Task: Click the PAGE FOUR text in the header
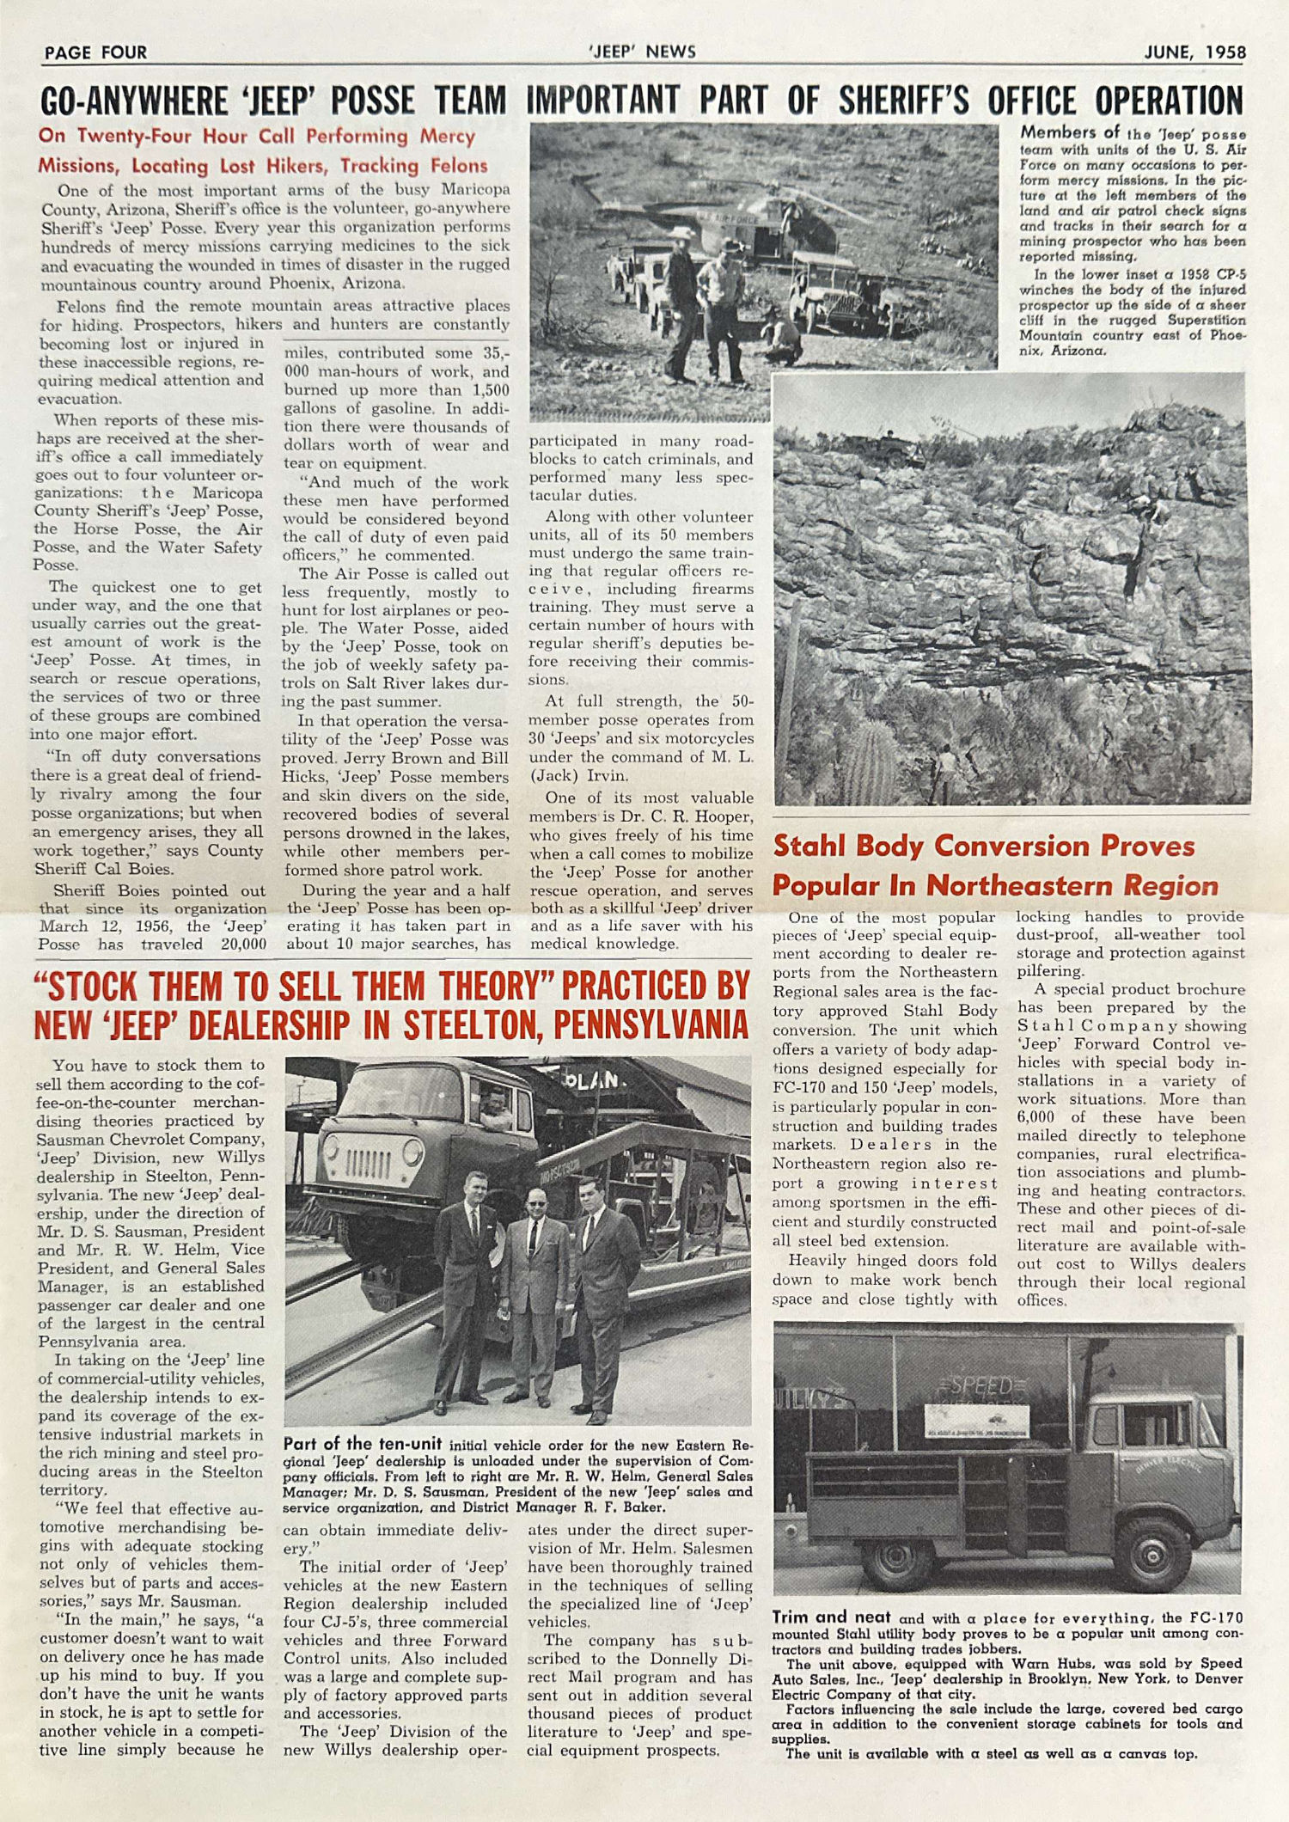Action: click(x=95, y=52)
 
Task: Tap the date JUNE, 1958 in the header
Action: click(x=1194, y=52)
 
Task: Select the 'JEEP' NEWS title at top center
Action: click(x=642, y=52)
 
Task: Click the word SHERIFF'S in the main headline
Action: click(x=903, y=101)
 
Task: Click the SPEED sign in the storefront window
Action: click(x=980, y=1386)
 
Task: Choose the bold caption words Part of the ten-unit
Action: click(x=363, y=1444)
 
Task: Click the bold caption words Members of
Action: click(x=1070, y=132)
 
